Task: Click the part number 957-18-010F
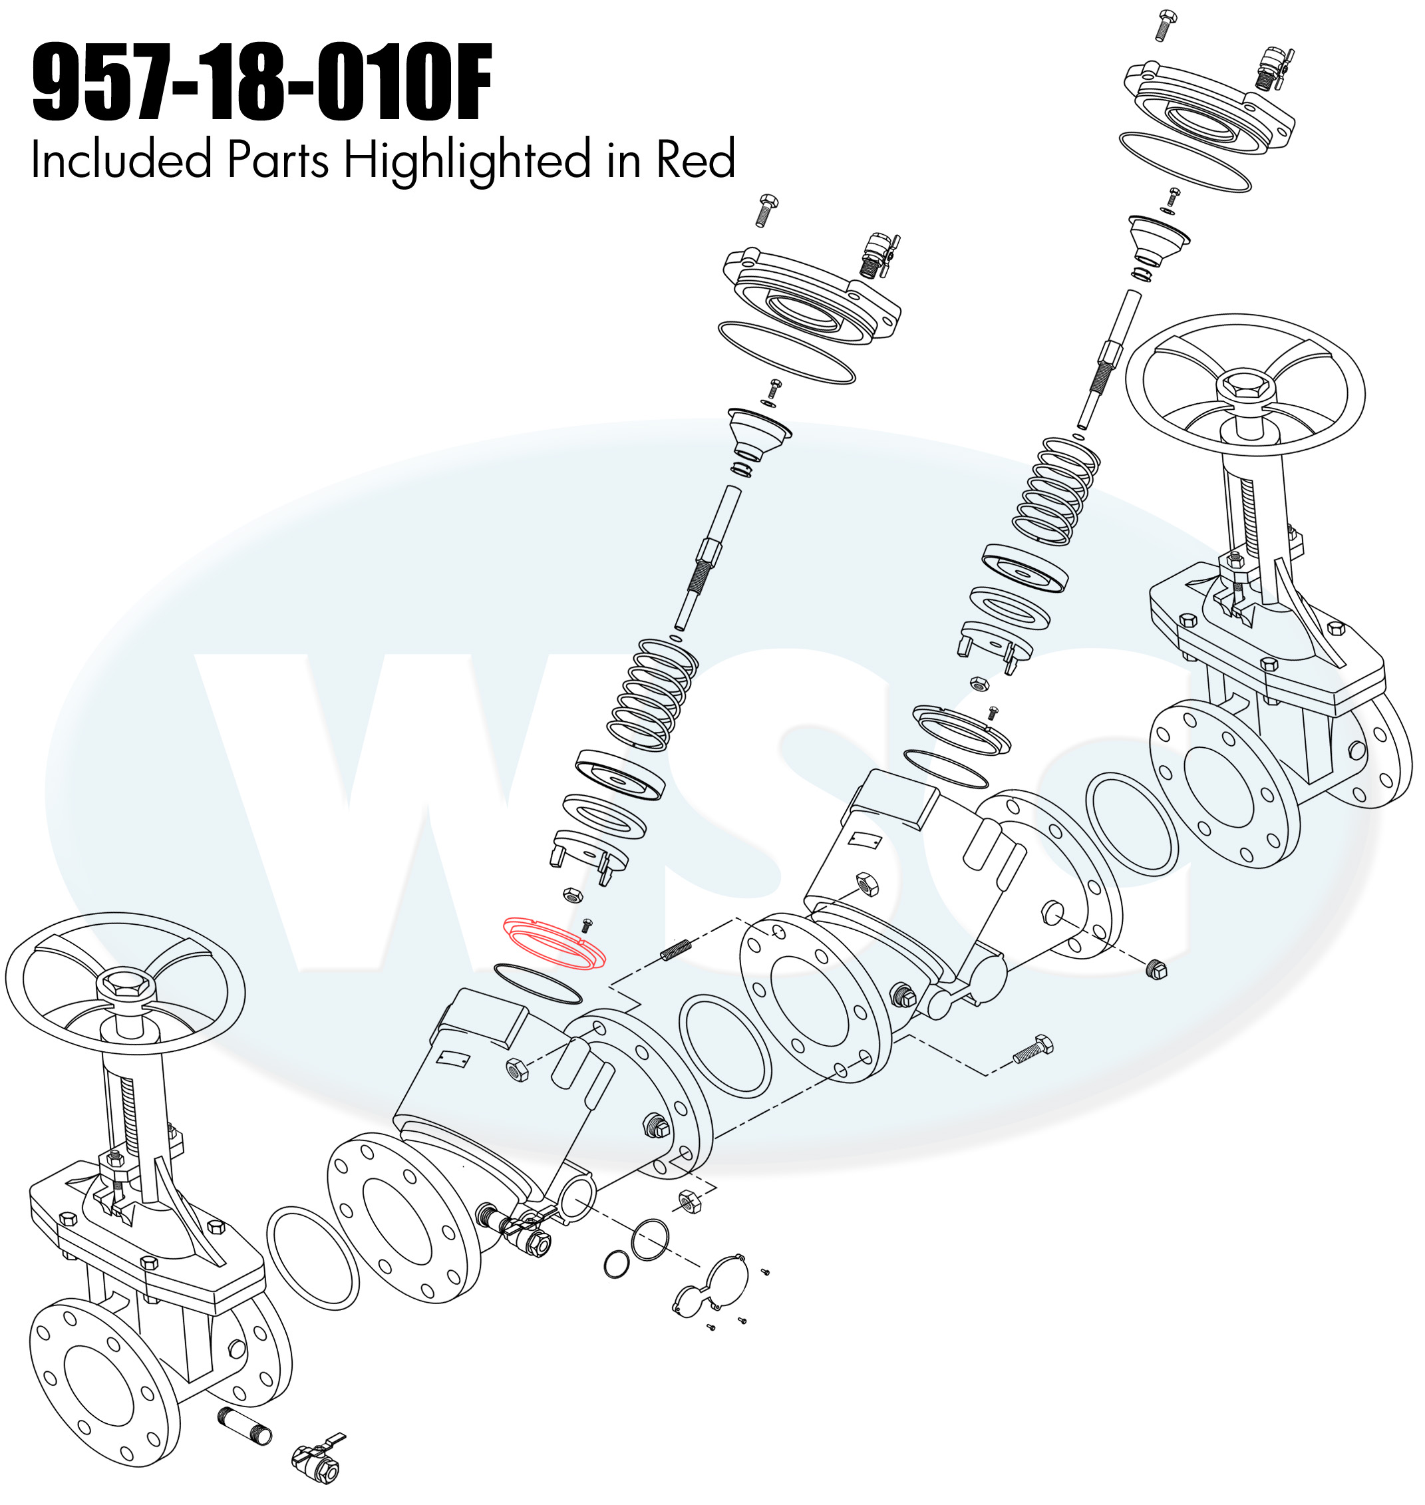tap(262, 84)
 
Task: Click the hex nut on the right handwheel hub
tap(1246, 390)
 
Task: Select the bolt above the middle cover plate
tap(766, 210)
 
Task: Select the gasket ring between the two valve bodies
tap(724, 1047)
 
